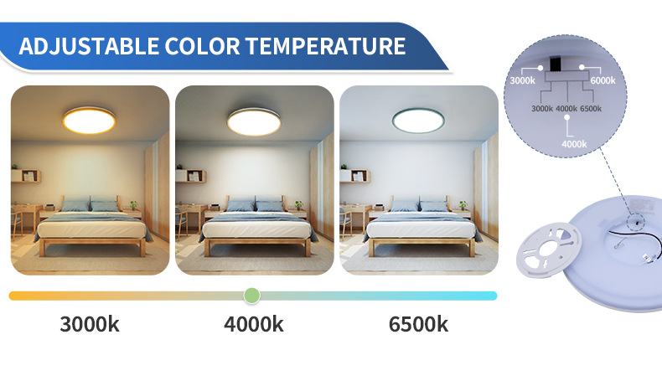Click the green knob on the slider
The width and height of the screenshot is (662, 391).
(251, 296)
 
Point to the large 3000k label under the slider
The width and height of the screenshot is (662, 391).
(89, 325)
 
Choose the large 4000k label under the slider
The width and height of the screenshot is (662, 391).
(253, 325)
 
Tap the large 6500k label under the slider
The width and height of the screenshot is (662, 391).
(418, 325)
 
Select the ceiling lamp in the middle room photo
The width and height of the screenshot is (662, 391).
(254, 123)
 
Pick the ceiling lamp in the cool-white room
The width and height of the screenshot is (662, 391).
(418, 123)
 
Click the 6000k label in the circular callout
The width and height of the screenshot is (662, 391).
(603, 80)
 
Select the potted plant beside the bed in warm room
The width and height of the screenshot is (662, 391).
(132, 203)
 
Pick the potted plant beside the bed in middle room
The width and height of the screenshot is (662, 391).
(297, 203)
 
